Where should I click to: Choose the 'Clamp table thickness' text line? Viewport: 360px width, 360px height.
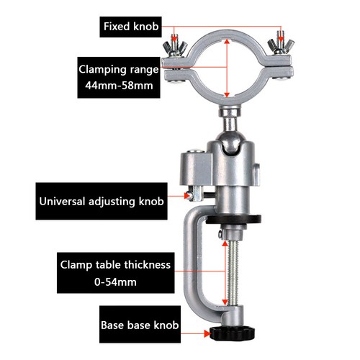pos(115,264)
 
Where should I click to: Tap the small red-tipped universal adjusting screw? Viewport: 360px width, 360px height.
pos(189,195)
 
